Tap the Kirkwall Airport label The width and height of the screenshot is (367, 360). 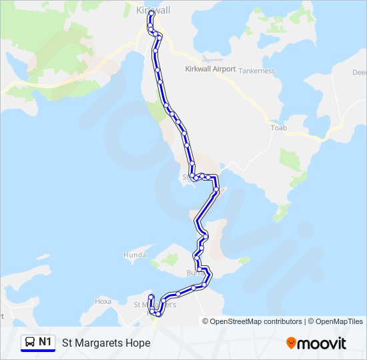click(210, 69)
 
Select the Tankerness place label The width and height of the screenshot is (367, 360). click(256, 71)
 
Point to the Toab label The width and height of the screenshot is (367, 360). click(278, 127)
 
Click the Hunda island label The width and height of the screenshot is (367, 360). click(134, 255)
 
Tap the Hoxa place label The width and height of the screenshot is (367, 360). click(103, 301)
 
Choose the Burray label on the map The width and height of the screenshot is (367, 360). click(195, 273)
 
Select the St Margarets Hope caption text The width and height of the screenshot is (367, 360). click(106, 343)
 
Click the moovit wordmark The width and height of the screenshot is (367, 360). click(322, 343)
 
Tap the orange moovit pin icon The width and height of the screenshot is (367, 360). click(291, 343)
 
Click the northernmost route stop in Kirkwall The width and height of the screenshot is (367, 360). click(152, 13)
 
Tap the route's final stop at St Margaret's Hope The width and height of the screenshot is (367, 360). click(151, 297)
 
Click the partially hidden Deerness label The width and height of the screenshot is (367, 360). click(360, 72)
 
